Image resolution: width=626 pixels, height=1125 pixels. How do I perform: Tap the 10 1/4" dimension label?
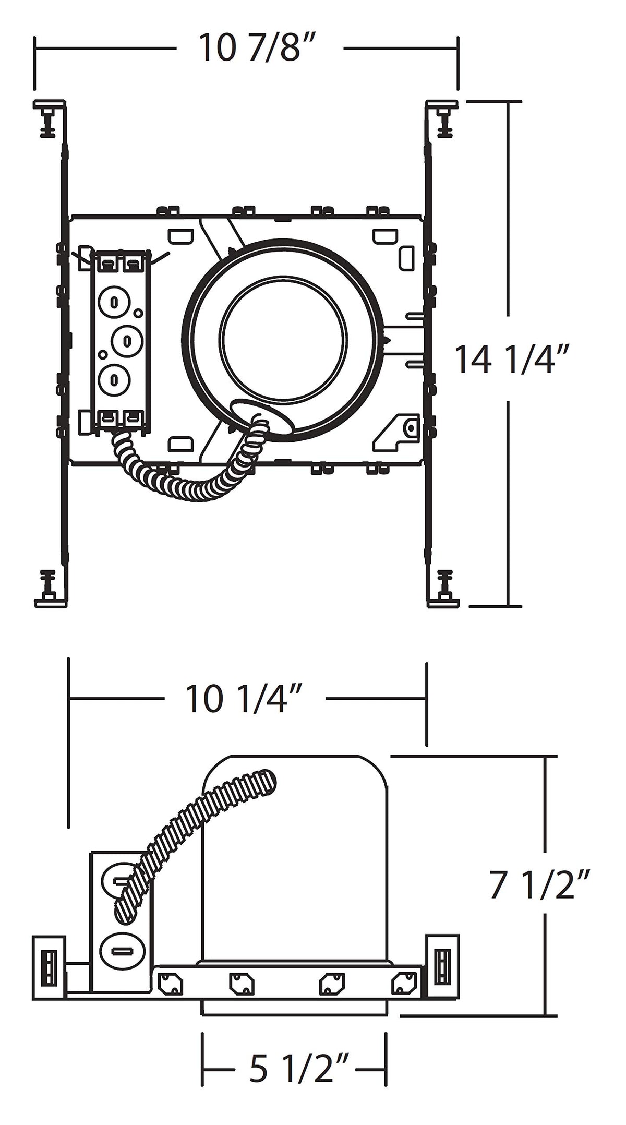click(x=243, y=699)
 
